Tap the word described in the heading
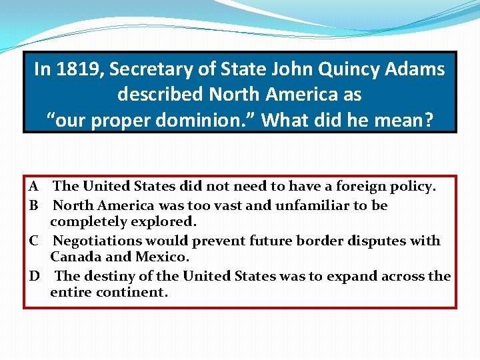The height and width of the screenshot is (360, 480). tap(161, 94)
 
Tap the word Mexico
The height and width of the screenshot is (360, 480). tap(163, 257)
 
